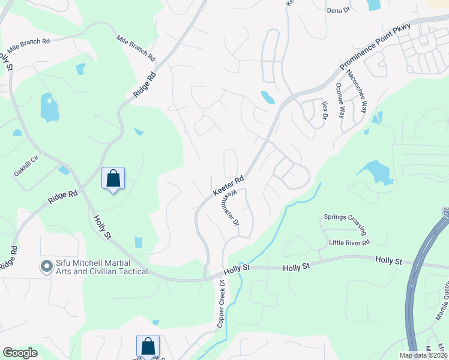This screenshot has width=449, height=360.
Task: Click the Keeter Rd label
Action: pyautogui.click(x=228, y=186)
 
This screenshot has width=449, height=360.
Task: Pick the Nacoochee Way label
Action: pyautogui.click(x=356, y=91)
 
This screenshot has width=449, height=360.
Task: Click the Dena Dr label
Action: pyautogui.click(x=337, y=10)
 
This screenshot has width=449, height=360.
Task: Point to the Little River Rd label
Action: pyautogui.click(x=349, y=242)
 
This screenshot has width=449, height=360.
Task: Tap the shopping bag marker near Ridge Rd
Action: pyautogui.click(x=113, y=178)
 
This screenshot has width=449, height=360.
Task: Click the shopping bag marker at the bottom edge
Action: pyautogui.click(x=148, y=346)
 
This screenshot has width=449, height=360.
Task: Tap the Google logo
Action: pyautogui.click(x=20, y=353)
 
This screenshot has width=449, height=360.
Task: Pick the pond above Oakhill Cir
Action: pyautogui.click(x=49, y=108)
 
